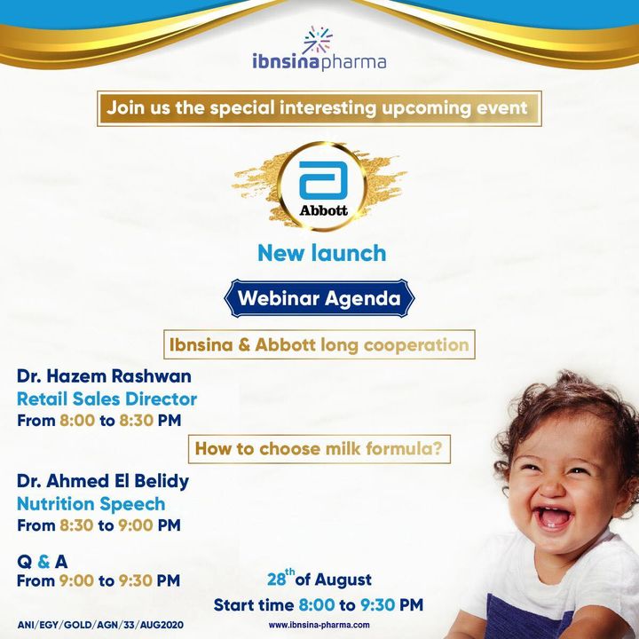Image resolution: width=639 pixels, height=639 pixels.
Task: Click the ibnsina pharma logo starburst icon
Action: point(318,39)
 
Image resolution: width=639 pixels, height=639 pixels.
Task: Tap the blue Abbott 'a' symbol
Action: point(323,180)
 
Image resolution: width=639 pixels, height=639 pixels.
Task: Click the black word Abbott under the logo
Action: point(324,210)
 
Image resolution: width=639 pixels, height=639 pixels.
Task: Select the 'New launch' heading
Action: point(322,253)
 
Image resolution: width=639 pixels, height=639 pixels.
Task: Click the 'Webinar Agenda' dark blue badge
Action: point(319,298)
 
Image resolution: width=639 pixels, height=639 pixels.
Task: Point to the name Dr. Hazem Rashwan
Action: point(104,376)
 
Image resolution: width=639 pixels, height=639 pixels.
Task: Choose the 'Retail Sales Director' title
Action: point(107,399)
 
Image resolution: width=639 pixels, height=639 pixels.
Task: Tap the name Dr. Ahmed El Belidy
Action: point(103,481)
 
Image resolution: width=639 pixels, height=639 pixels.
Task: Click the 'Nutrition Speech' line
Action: point(91,504)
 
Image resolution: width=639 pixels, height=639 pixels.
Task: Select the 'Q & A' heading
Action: point(43,562)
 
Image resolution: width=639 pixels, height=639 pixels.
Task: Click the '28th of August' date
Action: point(319,579)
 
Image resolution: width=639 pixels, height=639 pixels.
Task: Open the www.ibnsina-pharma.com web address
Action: point(319,625)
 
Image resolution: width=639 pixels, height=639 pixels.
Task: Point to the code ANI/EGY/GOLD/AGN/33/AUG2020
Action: point(100,625)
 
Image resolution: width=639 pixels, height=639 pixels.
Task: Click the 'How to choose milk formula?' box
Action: point(319,449)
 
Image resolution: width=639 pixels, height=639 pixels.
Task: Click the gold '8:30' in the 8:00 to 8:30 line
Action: point(136,420)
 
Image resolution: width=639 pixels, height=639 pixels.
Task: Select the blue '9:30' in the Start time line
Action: point(377,605)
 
